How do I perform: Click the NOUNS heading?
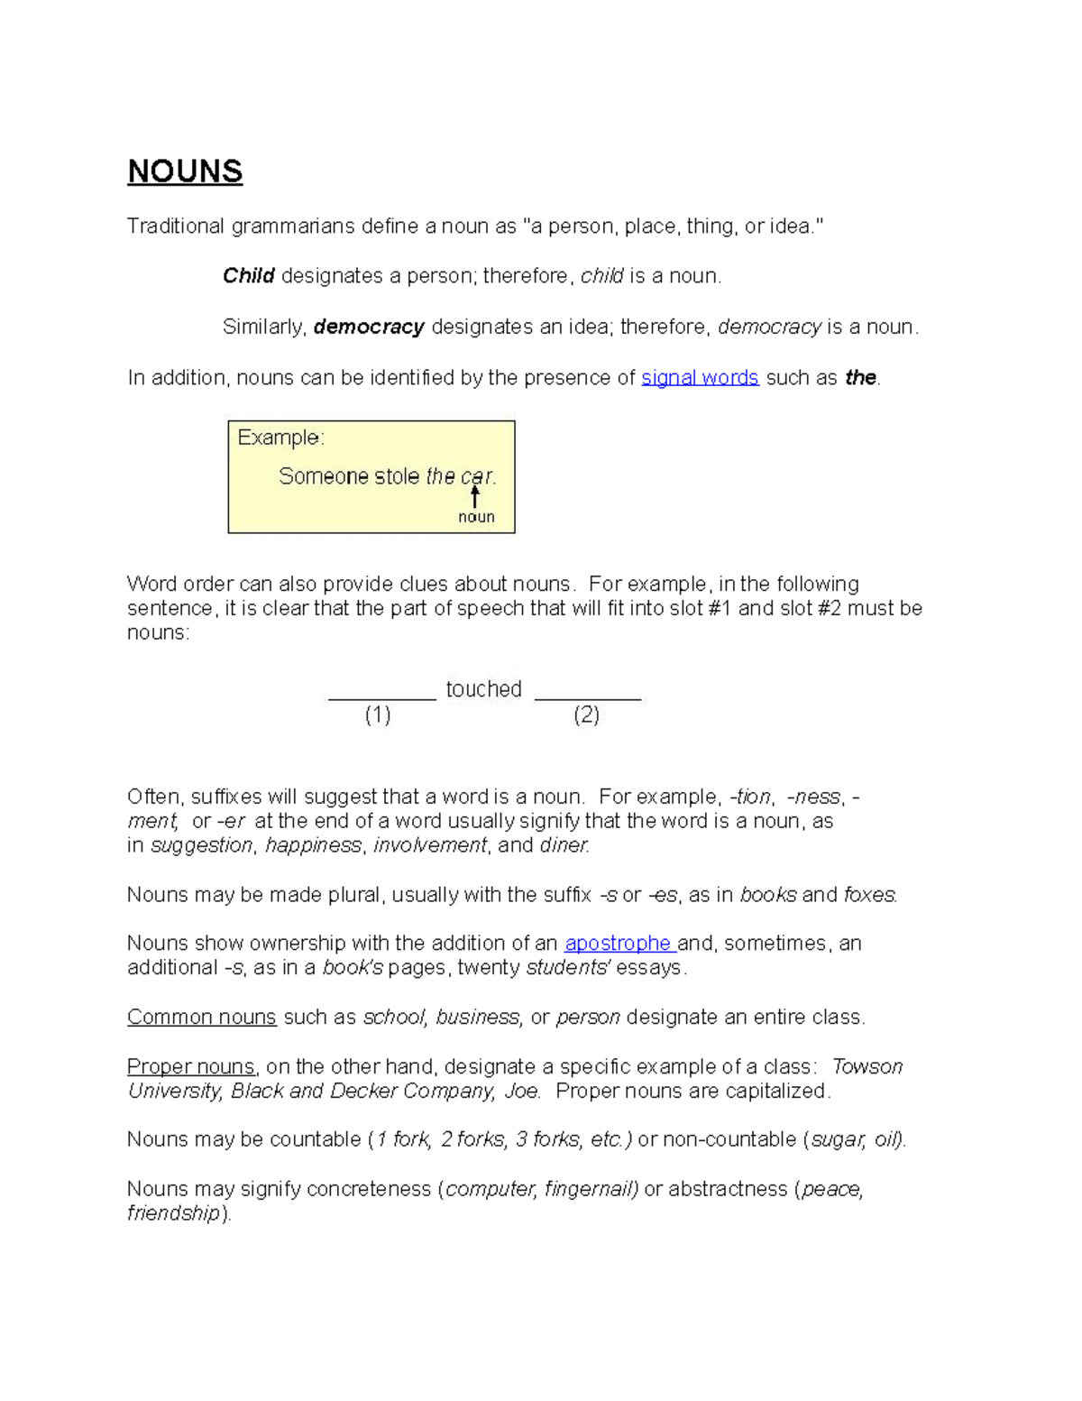click(185, 171)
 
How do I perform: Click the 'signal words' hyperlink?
click(700, 378)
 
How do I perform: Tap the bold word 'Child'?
click(248, 276)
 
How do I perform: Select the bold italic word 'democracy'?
click(369, 327)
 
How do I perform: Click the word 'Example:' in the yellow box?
click(280, 438)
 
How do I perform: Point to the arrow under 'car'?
click(475, 496)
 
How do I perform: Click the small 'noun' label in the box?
click(476, 517)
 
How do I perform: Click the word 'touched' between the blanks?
click(484, 689)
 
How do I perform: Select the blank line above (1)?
click(382, 696)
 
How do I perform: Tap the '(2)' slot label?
click(586, 715)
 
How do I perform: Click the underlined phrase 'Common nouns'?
click(201, 1018)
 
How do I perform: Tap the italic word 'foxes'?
click(869, 895)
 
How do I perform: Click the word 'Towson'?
click(867, 1067)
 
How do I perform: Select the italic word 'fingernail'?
click(591, 1189)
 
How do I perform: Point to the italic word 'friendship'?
click(173, 1213)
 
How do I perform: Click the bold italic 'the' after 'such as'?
click(860, 378)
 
